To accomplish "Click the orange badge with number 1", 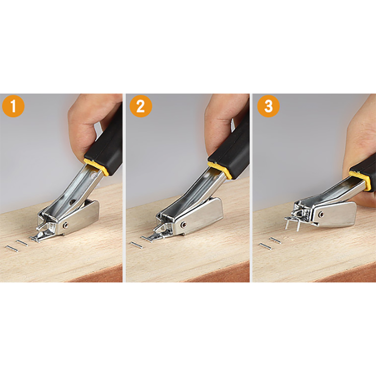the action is coord(13,106).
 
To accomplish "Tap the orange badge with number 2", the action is coord(141,106).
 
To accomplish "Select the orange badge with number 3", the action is coord(268,106).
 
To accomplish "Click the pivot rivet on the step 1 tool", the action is coord(66,225).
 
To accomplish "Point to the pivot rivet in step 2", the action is coord(184,225).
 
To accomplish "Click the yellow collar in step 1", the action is coord(96,166).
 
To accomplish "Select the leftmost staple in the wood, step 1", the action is coord(11,249).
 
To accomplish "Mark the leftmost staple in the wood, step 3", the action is coord(266,246).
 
